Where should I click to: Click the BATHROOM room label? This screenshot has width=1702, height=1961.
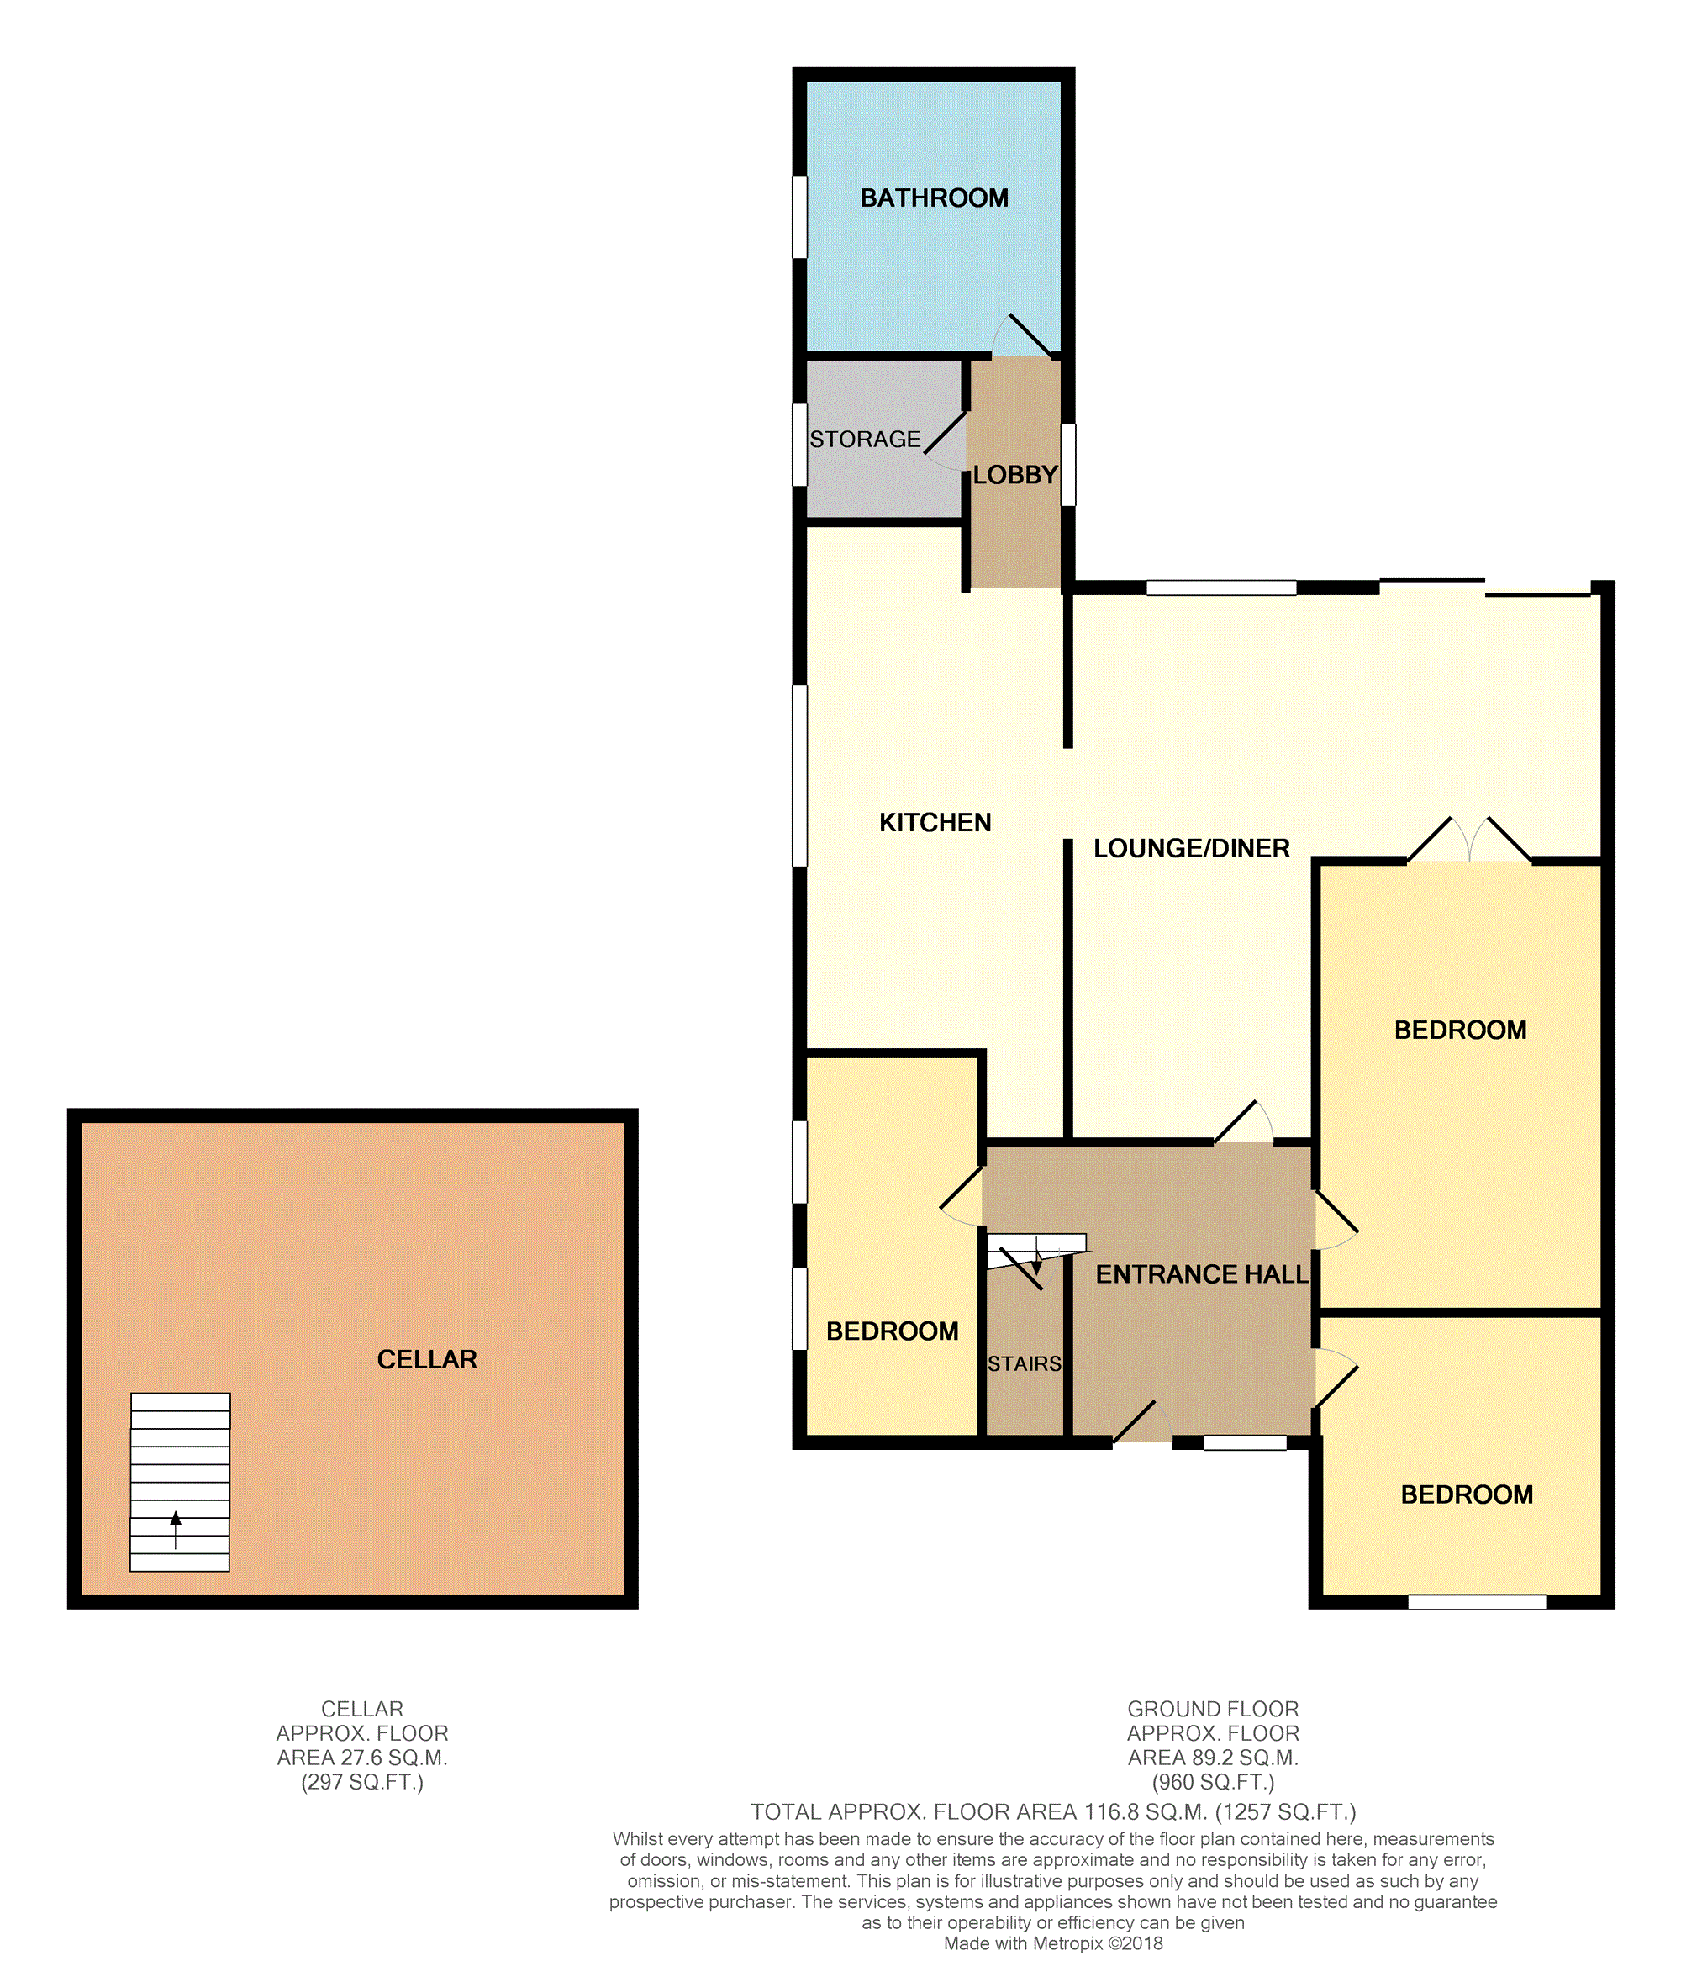pyautogui.click(x=934, y=198)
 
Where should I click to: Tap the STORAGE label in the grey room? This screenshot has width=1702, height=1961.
pyautogui.click(x=864, y=439)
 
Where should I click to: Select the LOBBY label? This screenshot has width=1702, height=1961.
pyautogui.click(x=1014, y=475)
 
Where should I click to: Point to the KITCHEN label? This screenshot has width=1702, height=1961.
pyautogui.click(x=935, y=822)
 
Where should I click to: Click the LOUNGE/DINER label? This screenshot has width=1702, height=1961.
pyautogui.click(x=1191, y=848)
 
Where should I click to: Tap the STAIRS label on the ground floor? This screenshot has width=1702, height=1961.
pyautogui.click(x=1024, y=1363)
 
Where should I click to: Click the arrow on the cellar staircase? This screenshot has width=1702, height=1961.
pyautogui.click(x=176, y=1529)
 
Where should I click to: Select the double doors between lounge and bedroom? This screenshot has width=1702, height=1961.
pyautogui.click(x=1469, y=840)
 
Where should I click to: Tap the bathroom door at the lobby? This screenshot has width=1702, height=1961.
pyautogui.click(x=1022, y=336)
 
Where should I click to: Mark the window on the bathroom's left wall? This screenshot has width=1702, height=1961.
pyautogui.click(x=799, y=217)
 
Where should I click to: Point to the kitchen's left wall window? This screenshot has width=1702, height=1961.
pyautogui.click(x=799, y=776)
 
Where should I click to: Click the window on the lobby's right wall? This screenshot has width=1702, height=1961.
pyautogui.click(x=1067, y=464)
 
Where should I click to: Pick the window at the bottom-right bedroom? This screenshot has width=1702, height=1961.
pyautogui.click(x=1476, y=1602)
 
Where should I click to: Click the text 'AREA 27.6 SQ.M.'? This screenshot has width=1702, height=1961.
pyautogui.click(x=362, y=1758)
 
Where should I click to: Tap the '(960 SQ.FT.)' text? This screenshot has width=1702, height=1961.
pyautogui.click(x=1213, y=1783)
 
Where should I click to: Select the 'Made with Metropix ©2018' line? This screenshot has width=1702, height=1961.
pyautogui.click(x=1052, y=1943)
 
